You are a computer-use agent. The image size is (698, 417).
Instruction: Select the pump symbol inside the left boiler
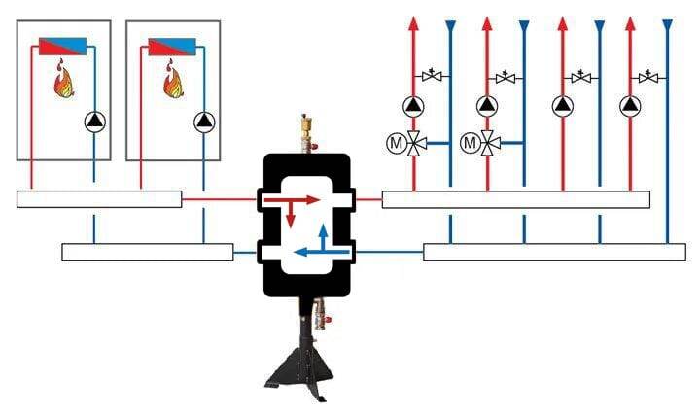(x=94, y=122)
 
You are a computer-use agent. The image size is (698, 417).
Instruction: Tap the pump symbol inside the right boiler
(x=204, y=122)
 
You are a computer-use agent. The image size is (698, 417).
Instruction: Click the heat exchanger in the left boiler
(x=64, y=47)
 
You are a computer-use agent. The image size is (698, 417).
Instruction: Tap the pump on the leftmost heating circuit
(x=414, y=105)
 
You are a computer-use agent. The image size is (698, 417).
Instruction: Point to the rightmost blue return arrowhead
(x=667, y=25)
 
